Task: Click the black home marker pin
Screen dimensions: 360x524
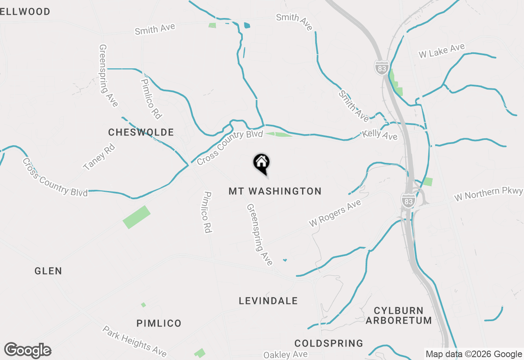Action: pyautogui.click(x=261, y=163)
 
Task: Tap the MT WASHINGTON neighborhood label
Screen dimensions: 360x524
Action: pyautogui.click(x=275, y=191)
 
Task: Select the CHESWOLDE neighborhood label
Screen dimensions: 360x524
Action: pyautogui.click(x=141, y=132)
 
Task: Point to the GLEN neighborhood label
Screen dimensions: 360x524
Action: pyautogui.click(x=48, y=271)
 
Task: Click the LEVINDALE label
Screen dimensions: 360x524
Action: pyautogui.click(x=268, y=301)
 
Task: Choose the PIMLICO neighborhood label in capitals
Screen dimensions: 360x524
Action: pyautogui.click(x=159, y=324)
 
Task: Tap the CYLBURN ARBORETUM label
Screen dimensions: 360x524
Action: pyautogui.click(x=399, y=315)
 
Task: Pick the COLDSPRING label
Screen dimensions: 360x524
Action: pyautogui.click(x=329, y=343)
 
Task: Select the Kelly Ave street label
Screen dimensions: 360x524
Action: pyautogui.click(x=380, y=135)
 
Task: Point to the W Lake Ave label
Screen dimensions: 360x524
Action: pyautogui.click(x=441, y=51)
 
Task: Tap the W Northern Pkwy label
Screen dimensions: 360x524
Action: pyautogui.click(x=488, y=194)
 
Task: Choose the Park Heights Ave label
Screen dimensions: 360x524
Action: pyautogui.click(x=135, y=341)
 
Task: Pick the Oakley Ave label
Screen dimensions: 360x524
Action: pyautogui.click(x=285, y=354)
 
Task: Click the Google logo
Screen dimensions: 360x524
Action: pyautogui.click(x=28, y=351)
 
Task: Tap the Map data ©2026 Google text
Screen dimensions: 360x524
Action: pyautogui.click(x=474, y=354)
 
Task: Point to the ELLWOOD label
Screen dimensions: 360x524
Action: pyautogui.click(x=25, y=11)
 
